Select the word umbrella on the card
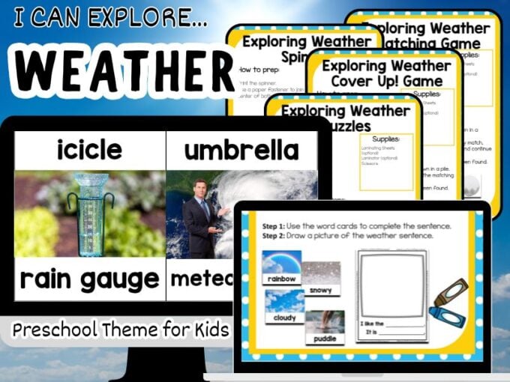pyautogui.click(x=240, y=150)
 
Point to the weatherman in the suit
pyautogui.click(x=202, y=217)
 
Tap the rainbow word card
pyautogui.click(x=281, y=267)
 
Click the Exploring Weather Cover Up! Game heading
pyautogui.click(x=367, y=72)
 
